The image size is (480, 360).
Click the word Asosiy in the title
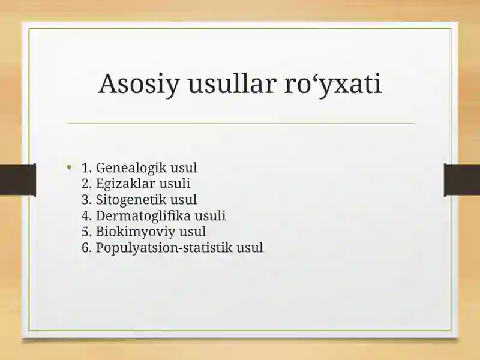(x=139, y=84)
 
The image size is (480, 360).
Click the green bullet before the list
(x=70, y=167)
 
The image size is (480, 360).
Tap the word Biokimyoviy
(x=136, y=232)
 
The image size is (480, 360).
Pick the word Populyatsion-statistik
(x=164, y=248)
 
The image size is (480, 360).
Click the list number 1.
(x=86, y=168)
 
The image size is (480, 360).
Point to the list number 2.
(x=86, y=184)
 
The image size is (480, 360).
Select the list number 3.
(x=86, y=200)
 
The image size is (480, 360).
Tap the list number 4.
(x=86, y=215)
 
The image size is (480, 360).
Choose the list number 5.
(x=86, y=232)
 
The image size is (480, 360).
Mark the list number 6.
(x=86, y=248)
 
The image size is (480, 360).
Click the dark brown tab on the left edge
(x=18, y=180)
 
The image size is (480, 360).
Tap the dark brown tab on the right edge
(x=462, y=180)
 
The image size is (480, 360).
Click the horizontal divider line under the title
(x=241, y=124)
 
